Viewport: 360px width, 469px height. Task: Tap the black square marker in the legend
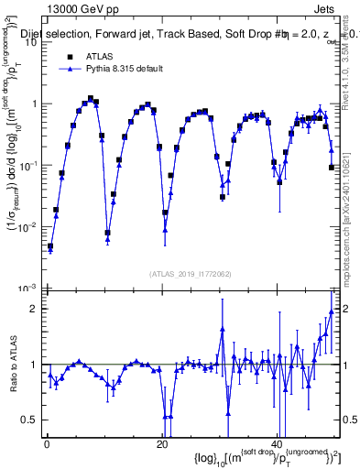point(69,55)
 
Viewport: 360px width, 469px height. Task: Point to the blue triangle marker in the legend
point(69,69)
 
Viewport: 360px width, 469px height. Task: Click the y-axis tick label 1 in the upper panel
point(34,104)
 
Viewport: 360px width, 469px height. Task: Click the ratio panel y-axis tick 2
point(34,309)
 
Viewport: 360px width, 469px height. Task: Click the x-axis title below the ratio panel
point(270,457)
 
